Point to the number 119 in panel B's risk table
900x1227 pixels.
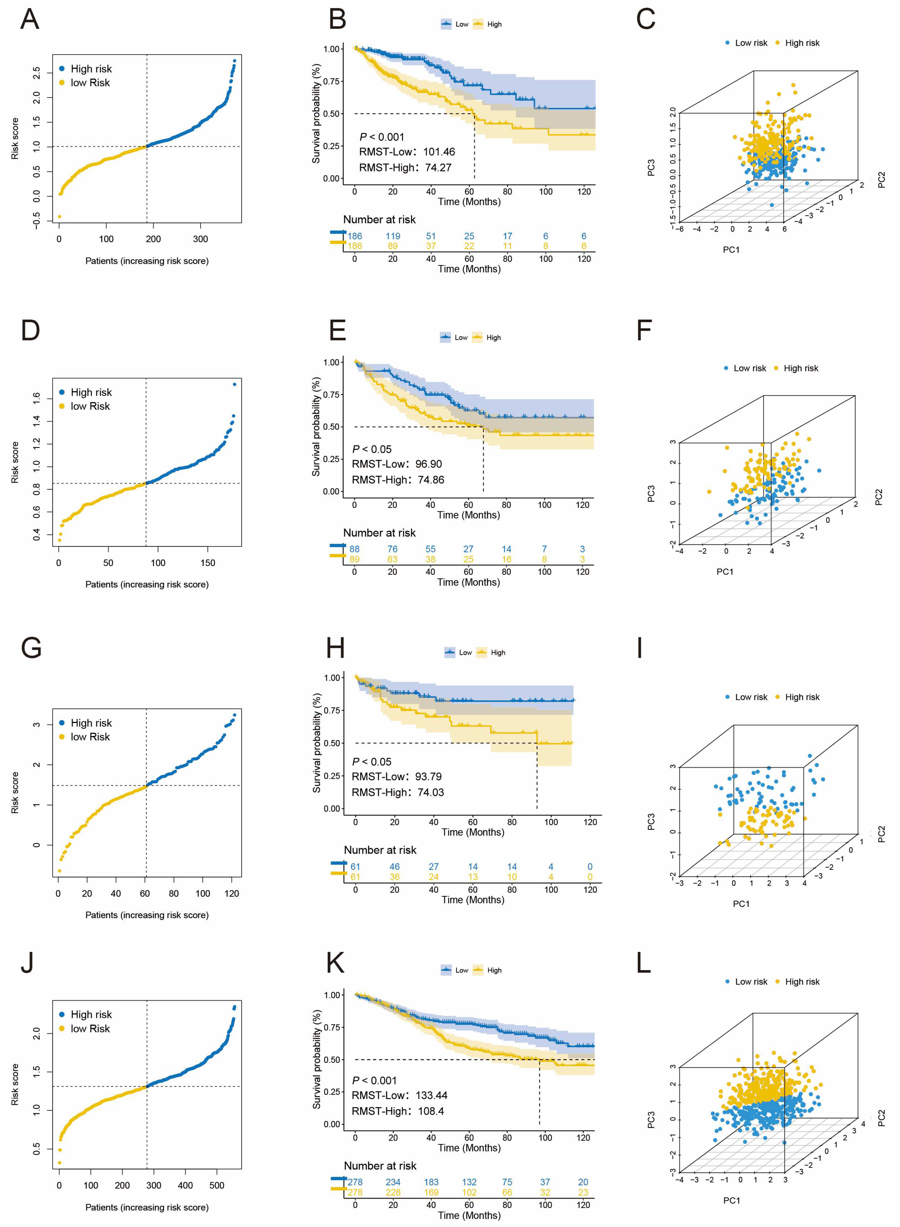(x=393, y=236)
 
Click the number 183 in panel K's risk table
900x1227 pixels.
(x=431, y=1182)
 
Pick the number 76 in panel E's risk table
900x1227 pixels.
(x=392, y=549)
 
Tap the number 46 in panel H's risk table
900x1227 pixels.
(x=395, y=866)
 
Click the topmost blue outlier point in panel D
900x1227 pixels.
(x=234, y=384)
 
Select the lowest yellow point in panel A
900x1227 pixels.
(x=59, y=217)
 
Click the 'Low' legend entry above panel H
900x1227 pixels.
(x=465, y=653)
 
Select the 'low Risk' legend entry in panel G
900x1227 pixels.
(x=90, y=737)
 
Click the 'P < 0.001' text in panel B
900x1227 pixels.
(x=381, y=137)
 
